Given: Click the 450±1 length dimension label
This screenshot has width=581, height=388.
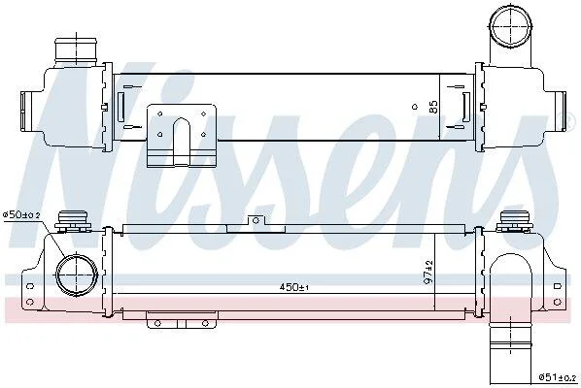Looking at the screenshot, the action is [x=294, y=287].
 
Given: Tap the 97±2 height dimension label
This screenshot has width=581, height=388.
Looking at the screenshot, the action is [x=428, y=273].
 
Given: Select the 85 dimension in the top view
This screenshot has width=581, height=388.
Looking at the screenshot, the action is [x=433, y=107].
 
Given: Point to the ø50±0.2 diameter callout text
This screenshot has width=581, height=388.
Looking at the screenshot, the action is [x=21, y=214].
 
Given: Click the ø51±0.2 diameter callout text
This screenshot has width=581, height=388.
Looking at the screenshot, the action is [x=558, y=377].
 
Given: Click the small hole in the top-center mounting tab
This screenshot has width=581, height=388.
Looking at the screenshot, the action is [x=256, y=221].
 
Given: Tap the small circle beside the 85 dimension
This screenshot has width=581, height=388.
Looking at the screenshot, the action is [x=415, y=107].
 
